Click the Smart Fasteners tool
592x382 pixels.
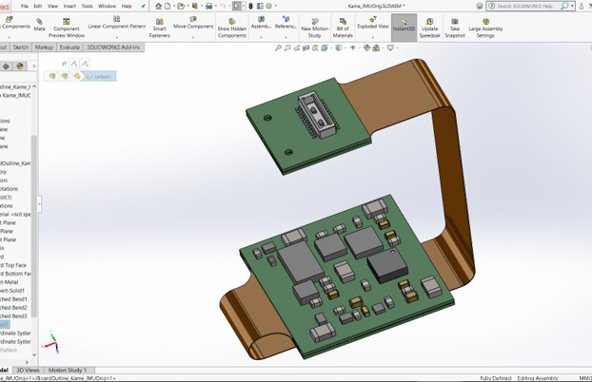click(159, 28)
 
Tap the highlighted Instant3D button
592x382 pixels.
click(404, 26)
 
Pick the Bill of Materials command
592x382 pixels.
click(343, 28)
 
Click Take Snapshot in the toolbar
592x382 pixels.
click(455, 28)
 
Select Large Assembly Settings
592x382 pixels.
click(485, 28)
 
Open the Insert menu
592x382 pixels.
click(69, 6)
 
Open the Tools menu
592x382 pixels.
click(87, 6)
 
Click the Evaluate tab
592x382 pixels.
click(70, 47)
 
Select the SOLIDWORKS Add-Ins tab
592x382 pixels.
click(113, 47)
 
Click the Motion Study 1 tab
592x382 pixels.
click(68, 370)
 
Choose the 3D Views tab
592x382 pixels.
click(29, 370)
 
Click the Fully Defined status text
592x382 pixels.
click(496, 378)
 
